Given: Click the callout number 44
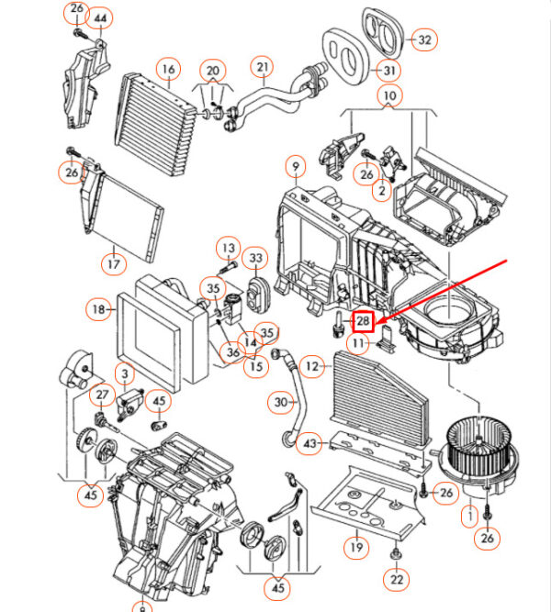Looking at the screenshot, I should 101,18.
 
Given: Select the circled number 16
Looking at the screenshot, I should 167,69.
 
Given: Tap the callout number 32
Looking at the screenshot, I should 423,39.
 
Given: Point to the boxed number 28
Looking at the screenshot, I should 364,321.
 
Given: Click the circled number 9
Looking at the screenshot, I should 295,167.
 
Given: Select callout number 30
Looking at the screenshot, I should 282,401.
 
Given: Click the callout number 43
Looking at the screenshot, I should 311,444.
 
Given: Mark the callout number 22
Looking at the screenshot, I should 396,579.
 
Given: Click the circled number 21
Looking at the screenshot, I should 264,67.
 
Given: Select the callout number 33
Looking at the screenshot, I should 256,260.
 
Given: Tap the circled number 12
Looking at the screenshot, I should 314,367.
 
